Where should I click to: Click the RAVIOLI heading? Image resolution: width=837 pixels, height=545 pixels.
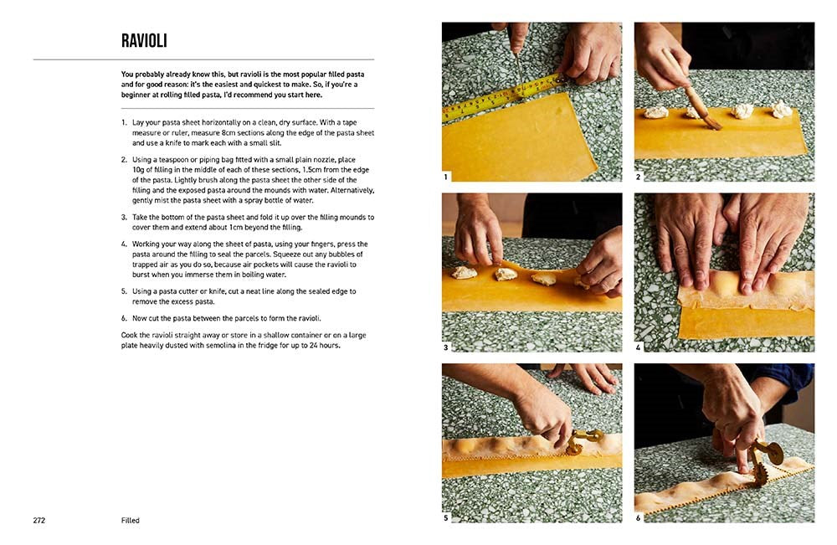(x=144, y=40)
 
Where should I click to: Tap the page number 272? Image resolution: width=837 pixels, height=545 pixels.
(x=39, y=521)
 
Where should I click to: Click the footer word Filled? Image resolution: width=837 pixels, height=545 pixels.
(x=131, y=521)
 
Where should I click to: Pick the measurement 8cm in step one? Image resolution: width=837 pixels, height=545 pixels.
(x=229, y=133)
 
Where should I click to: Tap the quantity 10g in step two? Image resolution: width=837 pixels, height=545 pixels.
(x=138, y=170)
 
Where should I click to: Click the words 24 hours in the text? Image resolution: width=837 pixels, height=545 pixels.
(x=325, y=346)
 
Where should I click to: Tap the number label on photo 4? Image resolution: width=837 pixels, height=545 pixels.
(x=638, y=347)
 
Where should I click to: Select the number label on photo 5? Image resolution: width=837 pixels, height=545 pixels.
(x=446, y=517)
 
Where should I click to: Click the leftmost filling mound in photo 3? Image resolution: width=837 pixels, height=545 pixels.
(x=465, y=273)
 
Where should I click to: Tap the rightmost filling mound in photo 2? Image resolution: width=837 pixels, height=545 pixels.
(x=781, y=109)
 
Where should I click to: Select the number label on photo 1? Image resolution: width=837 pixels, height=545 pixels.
(x=446, y=177)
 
